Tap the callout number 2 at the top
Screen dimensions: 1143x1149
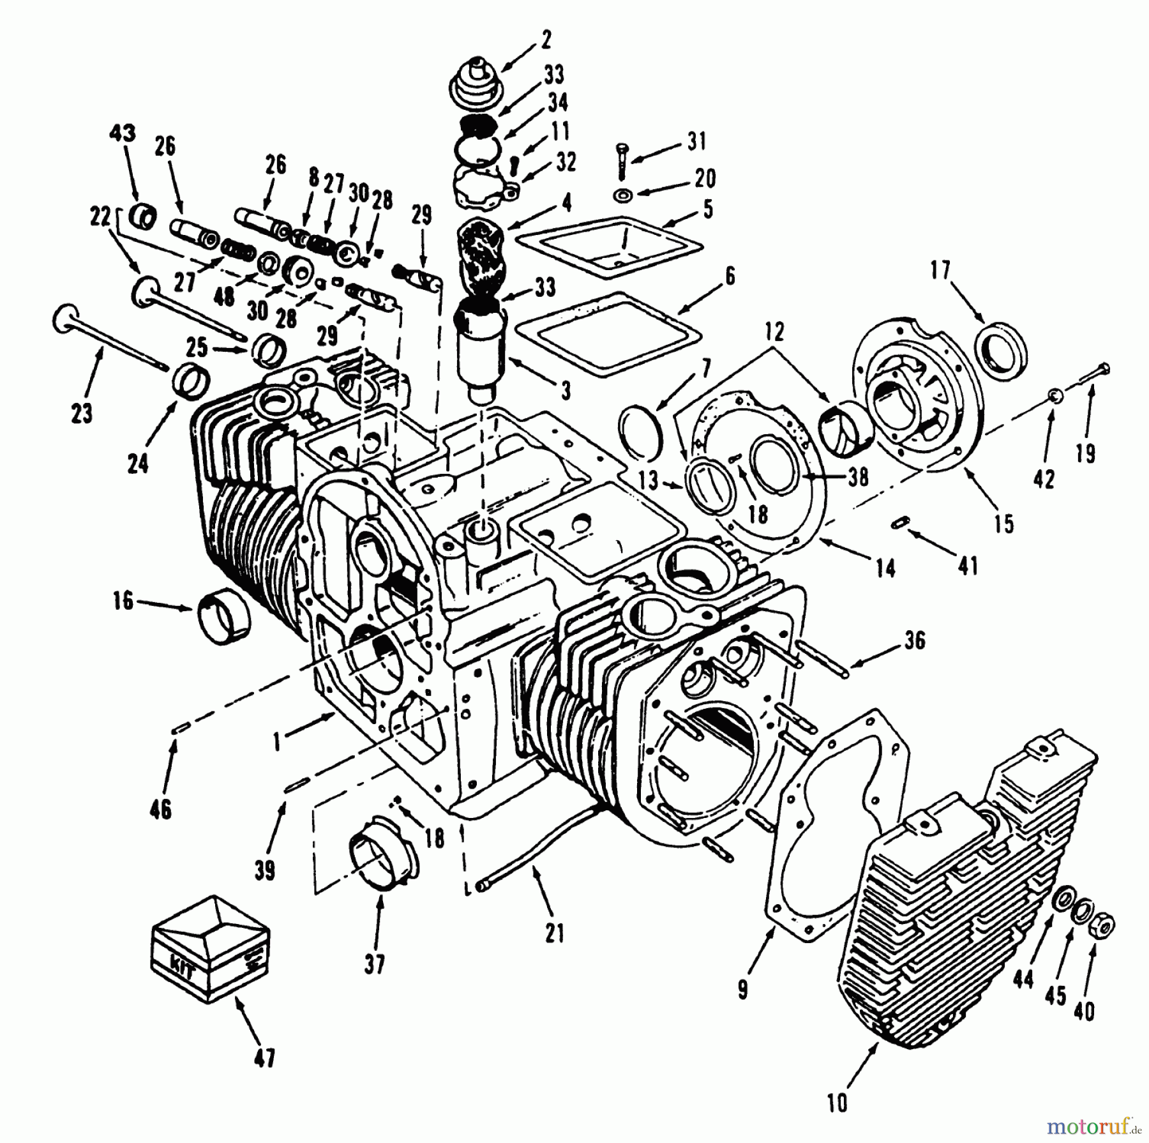click(545, 40)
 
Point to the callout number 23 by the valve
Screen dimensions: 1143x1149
click(82, 413)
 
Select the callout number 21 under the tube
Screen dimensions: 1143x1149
click(554, 933)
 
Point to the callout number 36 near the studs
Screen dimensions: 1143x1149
click(915, 640)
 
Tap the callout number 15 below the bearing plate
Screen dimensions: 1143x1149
click(1003, 524)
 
